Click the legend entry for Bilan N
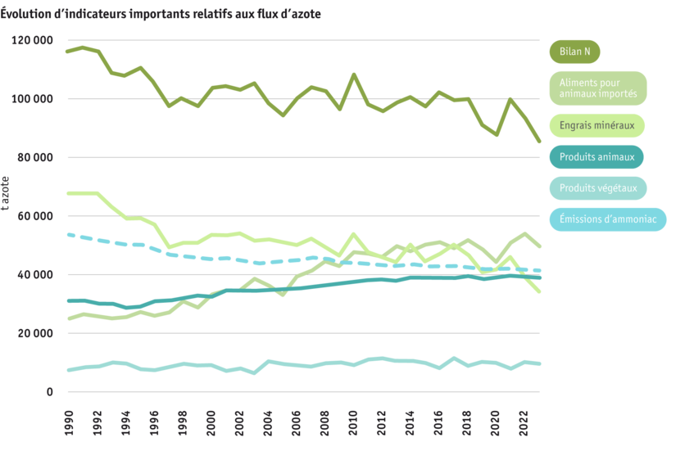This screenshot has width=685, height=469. pos(574,52)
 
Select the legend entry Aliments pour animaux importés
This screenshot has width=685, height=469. pos(597,88)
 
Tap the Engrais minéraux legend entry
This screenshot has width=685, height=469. pos(597,126)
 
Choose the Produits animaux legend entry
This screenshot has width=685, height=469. pos(597,157)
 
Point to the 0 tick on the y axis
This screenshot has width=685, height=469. pos(49,392)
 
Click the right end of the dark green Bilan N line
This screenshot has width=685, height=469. pos(539,142)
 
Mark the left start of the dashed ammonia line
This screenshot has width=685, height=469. pos(67,234)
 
